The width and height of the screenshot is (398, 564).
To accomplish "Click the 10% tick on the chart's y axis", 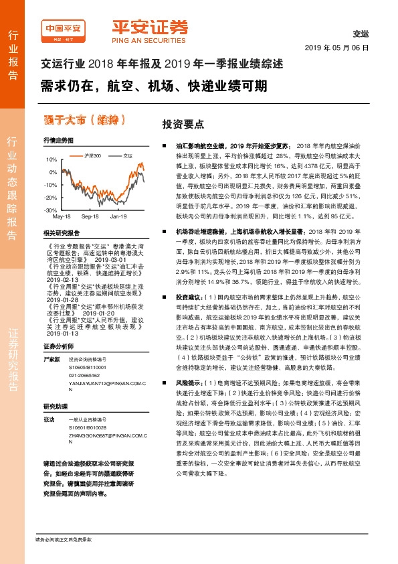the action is pyautogui.click(x=52, y=160).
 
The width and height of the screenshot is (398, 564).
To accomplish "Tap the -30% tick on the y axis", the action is pyautogui.click(x=51, y=210).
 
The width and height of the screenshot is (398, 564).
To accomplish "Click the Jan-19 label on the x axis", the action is pyautogui.click(x=118, y=218).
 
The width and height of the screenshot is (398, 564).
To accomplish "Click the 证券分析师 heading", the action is pyautogui.click(x=59, y=346).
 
